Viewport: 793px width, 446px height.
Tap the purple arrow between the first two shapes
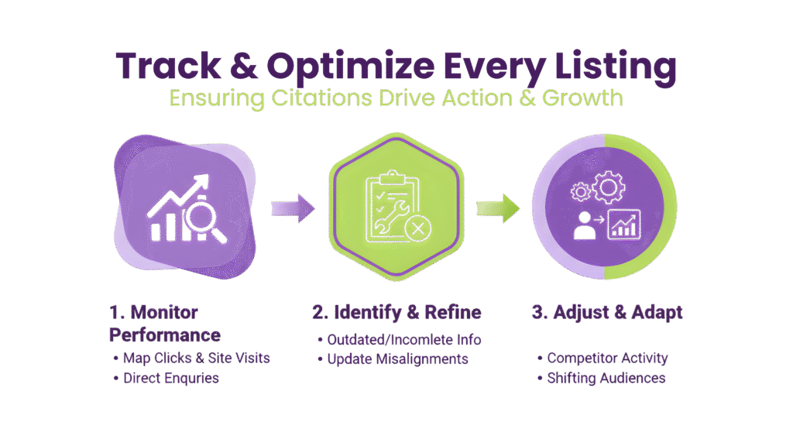[293, 208]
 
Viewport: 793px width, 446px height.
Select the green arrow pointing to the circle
[497, 208]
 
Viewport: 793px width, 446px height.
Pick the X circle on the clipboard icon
[418, 228]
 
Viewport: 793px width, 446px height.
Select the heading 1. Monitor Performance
[164, 324]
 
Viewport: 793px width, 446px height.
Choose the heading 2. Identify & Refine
[396, 313]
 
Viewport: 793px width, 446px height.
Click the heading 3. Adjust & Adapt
[607, 313]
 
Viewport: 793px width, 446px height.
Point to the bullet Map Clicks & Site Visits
[197, 359]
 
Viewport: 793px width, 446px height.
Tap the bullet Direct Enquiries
[170, 379]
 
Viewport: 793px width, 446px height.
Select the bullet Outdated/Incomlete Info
[403, 340]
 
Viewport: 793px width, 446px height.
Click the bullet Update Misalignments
[397, 359]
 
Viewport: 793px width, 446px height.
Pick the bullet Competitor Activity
[607, 359]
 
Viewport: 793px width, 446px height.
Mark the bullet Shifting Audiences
[606, 378]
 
